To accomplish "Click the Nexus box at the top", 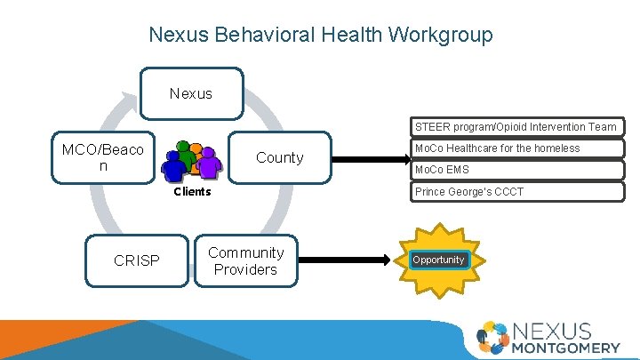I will [x=191, y=93].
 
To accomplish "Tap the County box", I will [x=280, y=157].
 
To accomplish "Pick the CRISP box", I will [x=137, y=260].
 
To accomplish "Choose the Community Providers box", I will [x=245, y=260].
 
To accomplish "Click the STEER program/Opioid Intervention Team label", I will [x=516, y=127].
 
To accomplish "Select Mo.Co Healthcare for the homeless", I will [x=516, y=148].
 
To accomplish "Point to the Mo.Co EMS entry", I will [x=516, y=170].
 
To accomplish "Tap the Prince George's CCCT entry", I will [x=516, y=191].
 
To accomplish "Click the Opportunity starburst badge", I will [x=438, y=260].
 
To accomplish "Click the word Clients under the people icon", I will [x=192, y=191].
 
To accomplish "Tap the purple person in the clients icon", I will [x=209, y=161].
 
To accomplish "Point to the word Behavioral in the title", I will [x=255, y=35].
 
